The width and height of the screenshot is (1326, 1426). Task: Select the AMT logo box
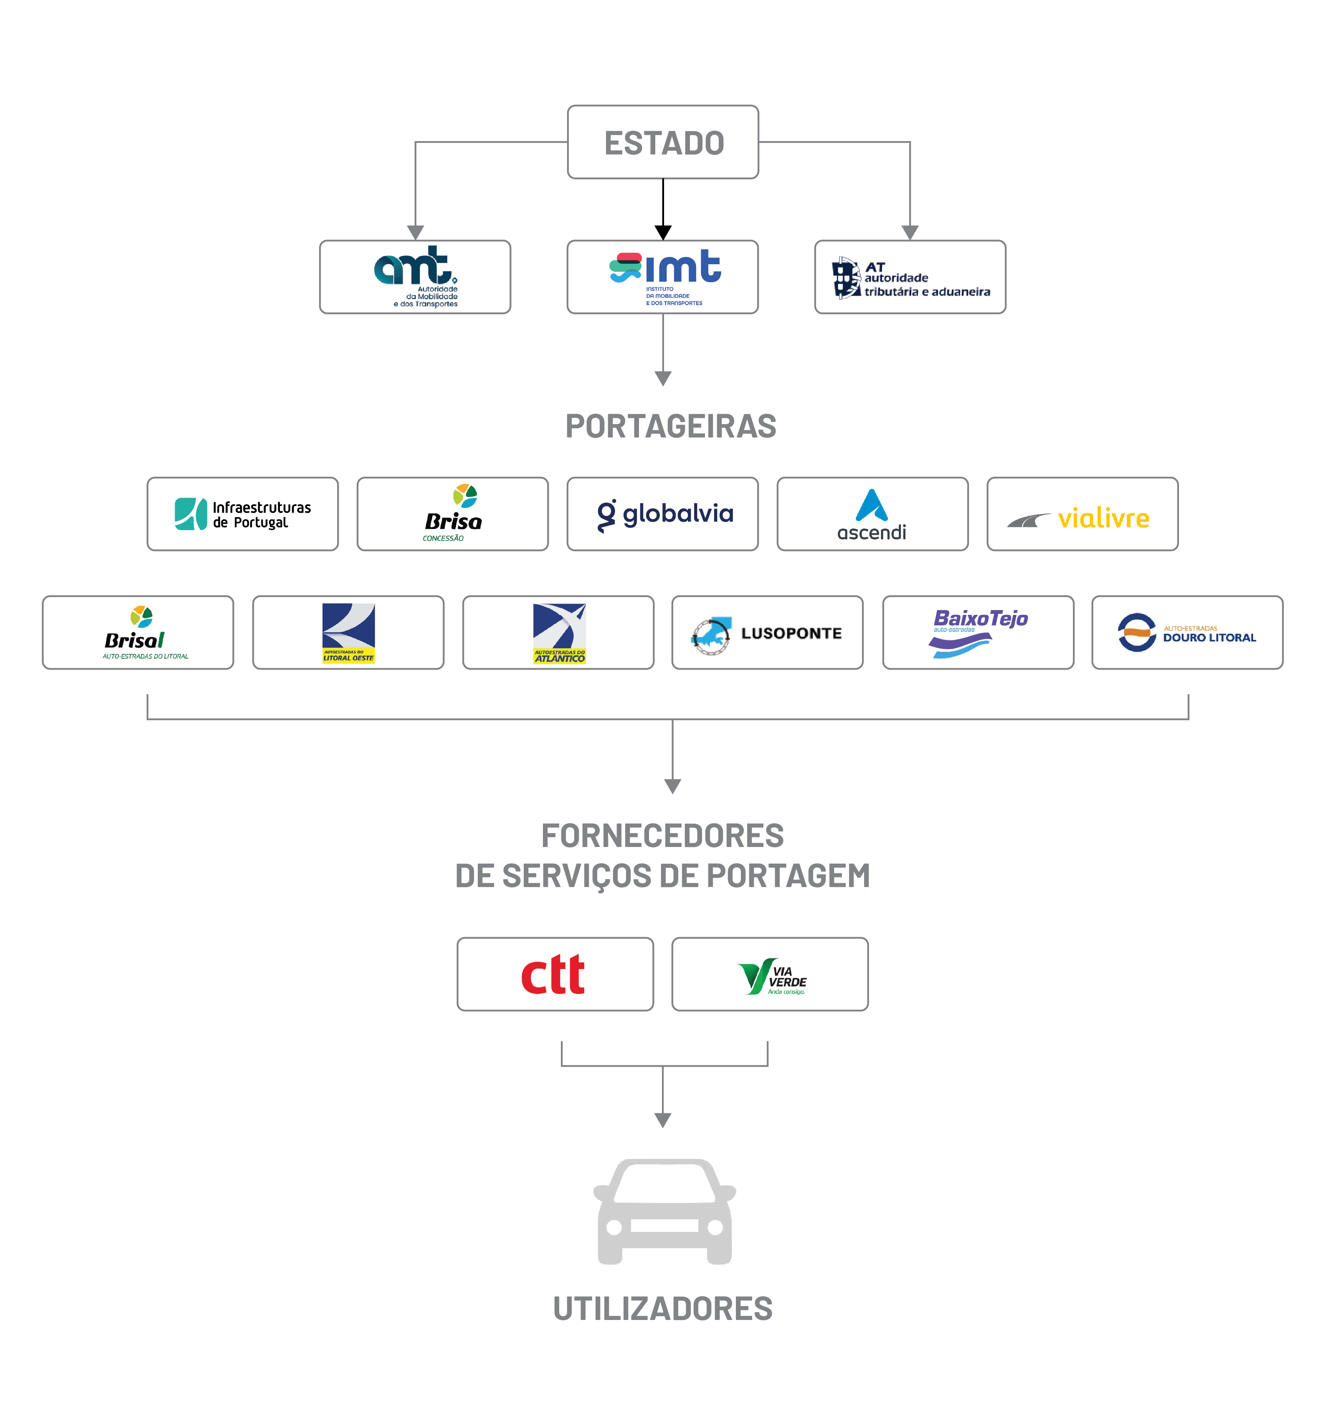(415, 277)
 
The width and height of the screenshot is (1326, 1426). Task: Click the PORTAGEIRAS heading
(670, 426)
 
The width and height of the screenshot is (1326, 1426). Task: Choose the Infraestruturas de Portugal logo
(243, 513)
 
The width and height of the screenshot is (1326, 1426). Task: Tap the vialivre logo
(1082, 516)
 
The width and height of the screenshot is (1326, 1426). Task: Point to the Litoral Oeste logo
(348, 633)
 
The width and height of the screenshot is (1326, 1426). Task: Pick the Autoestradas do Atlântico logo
(558, 633)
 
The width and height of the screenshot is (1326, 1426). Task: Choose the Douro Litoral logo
(1187, 633)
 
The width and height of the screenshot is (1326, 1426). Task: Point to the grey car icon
(664, 1212)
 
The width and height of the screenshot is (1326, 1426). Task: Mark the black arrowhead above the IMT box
(663, 232)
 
